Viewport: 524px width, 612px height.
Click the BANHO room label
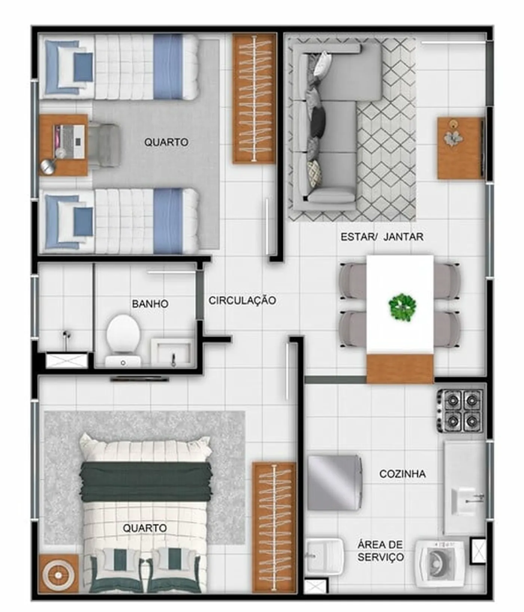point(150,303)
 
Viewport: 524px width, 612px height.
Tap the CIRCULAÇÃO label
point(243,300)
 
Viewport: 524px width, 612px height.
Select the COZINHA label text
point(402,474)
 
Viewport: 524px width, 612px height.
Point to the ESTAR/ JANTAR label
point(382,237)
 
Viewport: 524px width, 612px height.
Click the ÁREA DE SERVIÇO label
point(380,551)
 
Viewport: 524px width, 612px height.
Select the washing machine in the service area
point(440,563)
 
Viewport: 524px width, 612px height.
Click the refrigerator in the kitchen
point(335,482)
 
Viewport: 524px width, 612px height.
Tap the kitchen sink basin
point(464,501)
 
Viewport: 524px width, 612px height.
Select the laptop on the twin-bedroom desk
point(70,142)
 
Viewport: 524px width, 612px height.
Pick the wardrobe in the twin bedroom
point(255,99)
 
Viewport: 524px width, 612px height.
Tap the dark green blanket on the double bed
point(146,482)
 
